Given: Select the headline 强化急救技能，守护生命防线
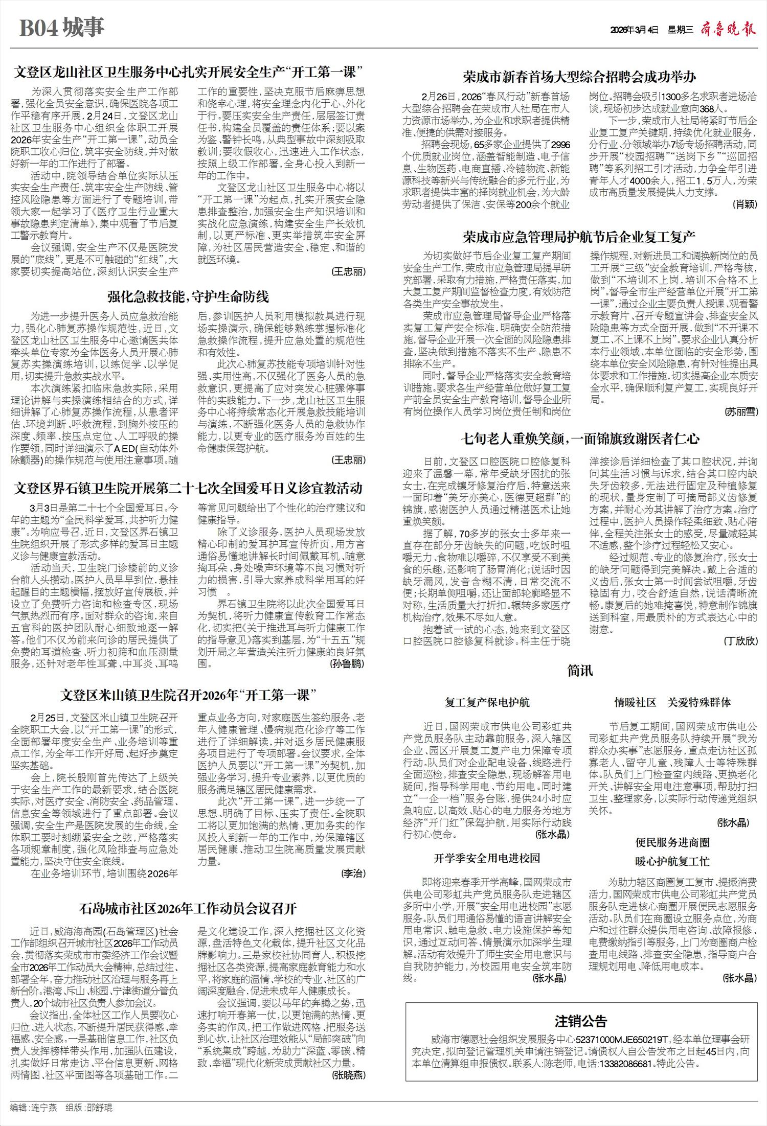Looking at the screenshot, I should click(188, 296).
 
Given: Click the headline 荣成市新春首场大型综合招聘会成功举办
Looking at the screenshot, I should click(579, 78).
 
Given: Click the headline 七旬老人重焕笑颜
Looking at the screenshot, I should click(579, 438).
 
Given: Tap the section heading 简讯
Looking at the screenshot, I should click(580, 670).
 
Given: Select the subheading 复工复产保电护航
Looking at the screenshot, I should click(487, 702).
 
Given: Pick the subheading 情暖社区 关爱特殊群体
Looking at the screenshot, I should click(672, 702).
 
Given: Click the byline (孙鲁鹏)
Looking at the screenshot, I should click(348, 664).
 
